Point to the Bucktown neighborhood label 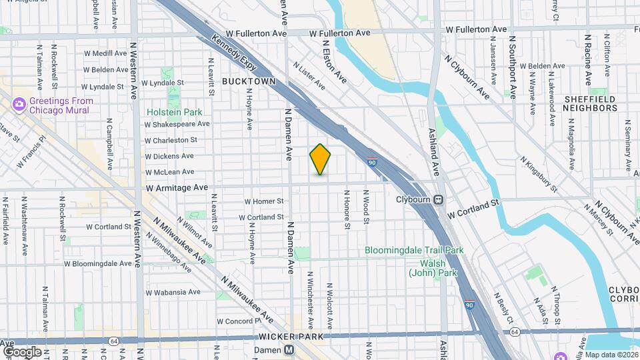[x=249, y=81]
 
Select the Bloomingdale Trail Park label [x=414, y=251]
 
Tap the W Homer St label [x=264, y=201]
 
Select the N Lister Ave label [x=309, y=75]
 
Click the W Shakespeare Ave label [x=177, y=123]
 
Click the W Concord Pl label [x=239, y=321]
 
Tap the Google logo [x=22, y=351]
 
